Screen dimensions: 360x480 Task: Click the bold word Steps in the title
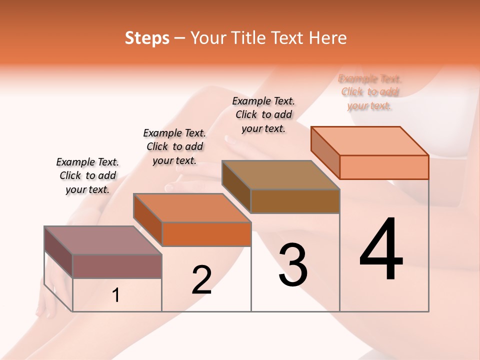point(147,38)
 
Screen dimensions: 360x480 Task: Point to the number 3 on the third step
point(293,265)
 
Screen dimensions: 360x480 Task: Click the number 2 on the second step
point(201,280)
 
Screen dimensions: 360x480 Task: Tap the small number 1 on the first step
point(116,295)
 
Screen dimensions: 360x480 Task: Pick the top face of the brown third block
point(280,175)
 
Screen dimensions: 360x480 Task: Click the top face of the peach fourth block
point(369,140)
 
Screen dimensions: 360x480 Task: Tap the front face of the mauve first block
point(117,266)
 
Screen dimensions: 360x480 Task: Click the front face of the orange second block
point(206,234)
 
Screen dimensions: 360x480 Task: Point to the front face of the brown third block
point(295,201)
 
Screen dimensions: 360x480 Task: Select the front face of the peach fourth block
point(384,167)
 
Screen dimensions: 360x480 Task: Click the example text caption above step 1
point(87,175)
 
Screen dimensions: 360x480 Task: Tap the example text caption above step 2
point(174,146)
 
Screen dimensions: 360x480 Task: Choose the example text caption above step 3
point(263,114)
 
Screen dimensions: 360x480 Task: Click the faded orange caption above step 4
point(369,92)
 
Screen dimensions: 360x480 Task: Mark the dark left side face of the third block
point(236,186)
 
